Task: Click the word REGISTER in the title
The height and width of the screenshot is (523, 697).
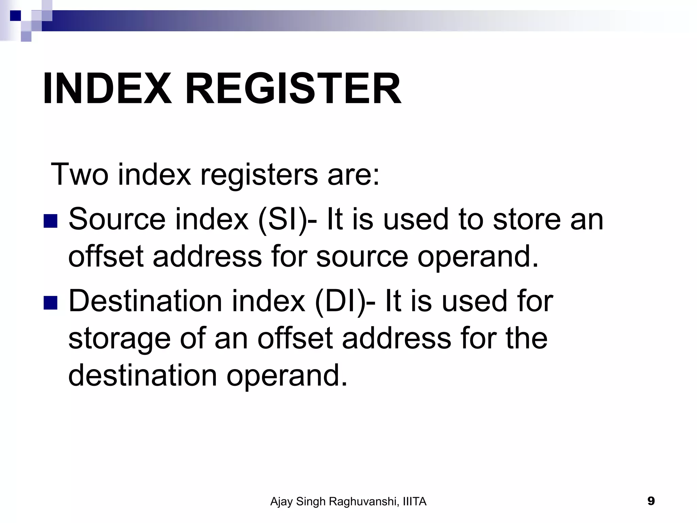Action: coord(293,89)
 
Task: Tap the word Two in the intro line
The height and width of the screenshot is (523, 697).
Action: coord(79,174)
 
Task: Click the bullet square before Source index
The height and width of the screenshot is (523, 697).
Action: coord(50,221)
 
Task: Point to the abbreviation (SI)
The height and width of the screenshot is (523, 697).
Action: coord(282,220)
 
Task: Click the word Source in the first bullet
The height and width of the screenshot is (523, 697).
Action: coord(117,220)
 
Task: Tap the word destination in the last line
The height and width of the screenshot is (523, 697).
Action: coord(143,376)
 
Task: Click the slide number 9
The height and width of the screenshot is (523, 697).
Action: coord(651,501)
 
